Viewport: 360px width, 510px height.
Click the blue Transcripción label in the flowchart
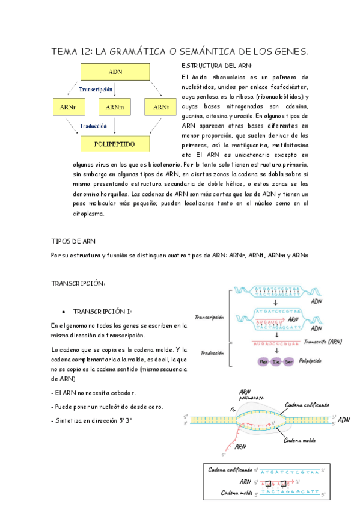[97, 89]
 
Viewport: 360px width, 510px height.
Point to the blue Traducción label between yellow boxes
[97, 126]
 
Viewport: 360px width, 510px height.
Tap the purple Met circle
[262, 361]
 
